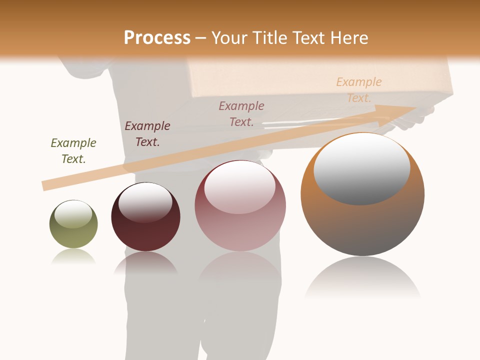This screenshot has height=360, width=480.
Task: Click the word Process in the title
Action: [x=157, y=38]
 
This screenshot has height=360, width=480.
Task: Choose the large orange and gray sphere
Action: [x=362, y=225]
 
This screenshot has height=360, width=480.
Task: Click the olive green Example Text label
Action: [x=73, y=151]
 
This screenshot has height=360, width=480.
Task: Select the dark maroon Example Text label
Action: [x=147, y=134]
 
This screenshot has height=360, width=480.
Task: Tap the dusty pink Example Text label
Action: [x=241, y=113]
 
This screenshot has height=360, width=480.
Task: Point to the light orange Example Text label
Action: [x=359, y=90]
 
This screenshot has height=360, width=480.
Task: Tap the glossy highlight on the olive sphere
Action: [x=73, y=214]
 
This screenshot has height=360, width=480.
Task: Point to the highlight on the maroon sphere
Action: [x=145, y=202]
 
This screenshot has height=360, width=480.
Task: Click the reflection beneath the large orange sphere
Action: [x=362, y=280]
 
